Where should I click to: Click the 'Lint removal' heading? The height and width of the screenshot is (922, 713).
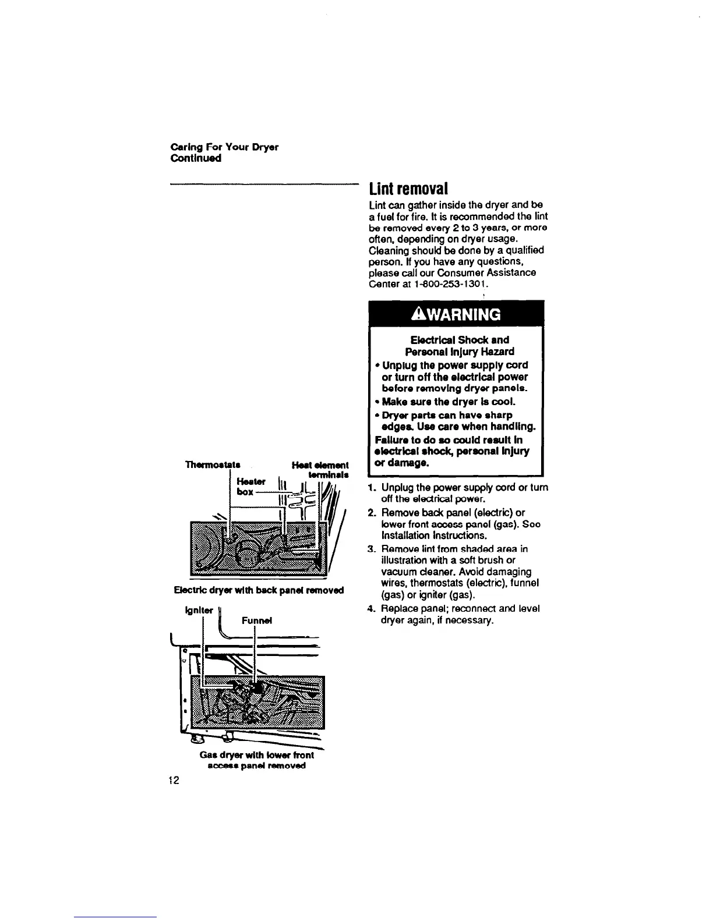409,189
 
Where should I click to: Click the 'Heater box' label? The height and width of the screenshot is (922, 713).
251,487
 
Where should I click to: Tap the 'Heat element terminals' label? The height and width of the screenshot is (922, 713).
320,470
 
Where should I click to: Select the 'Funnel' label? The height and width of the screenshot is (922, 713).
257,620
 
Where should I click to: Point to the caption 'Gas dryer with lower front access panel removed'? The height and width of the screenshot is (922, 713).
257,760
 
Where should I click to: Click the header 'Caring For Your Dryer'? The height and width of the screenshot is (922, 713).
224,147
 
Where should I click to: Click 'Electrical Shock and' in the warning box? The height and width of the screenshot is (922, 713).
460,340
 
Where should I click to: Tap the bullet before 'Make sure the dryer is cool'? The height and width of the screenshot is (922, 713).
376,402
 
